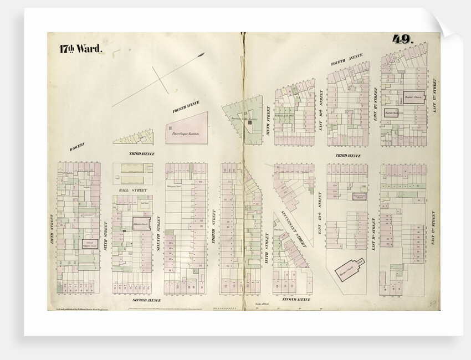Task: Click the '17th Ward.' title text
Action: (80, 49)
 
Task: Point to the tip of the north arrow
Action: (204, 54)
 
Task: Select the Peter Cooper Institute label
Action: (185, 134)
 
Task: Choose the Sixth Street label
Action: (106, 233)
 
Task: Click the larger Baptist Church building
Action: (413, 97)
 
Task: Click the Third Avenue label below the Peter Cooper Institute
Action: (142, 153)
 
